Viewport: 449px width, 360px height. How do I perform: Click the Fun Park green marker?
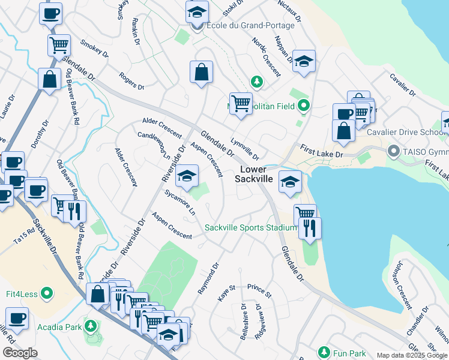(x=324, y=351)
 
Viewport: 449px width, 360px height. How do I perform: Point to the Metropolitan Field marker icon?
(x=303, y=107)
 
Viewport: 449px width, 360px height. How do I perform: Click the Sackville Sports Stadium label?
(x=250, y=227)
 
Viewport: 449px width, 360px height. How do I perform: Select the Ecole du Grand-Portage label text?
(x=250, y=26)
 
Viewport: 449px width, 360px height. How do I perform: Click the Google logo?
(x=20, y=352)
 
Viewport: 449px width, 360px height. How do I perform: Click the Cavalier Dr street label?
(x=402, y=85)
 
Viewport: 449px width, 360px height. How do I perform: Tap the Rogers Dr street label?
(x=131, y=81)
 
